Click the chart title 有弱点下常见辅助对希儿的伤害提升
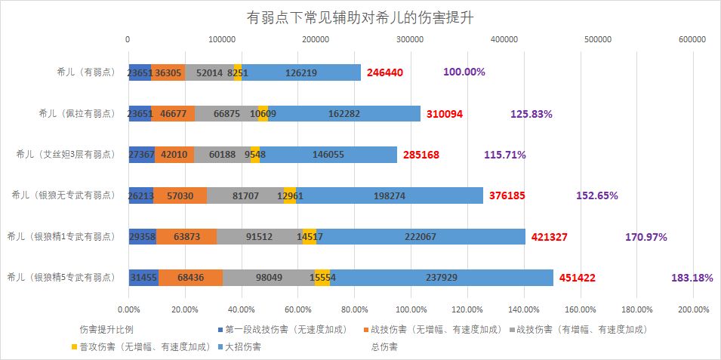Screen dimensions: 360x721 [360, 17]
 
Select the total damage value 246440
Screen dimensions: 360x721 [386, 72]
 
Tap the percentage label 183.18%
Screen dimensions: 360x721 [692, 278]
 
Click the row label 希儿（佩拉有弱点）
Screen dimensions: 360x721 [76, 113]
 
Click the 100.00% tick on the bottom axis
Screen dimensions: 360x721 [410, 309]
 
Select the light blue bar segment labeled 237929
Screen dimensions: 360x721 [441, 278]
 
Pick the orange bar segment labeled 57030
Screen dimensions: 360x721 [180, 195]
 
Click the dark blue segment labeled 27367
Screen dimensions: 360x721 [141, 155]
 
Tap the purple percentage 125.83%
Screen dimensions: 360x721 [532, 114]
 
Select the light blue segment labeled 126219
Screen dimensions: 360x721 [300, 72]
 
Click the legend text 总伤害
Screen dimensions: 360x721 [385, 347]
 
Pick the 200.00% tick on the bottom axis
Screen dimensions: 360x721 [692, 309]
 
